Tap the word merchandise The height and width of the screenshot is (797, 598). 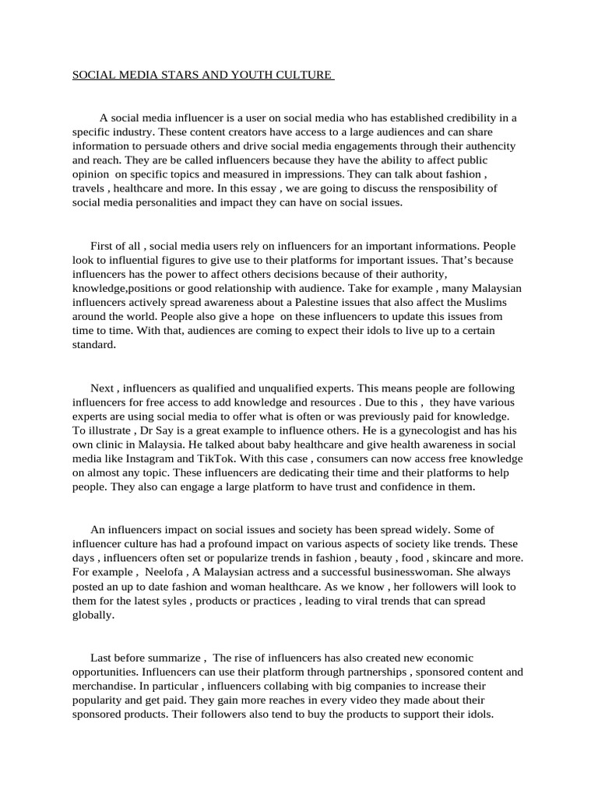click(x=104, y=686)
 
